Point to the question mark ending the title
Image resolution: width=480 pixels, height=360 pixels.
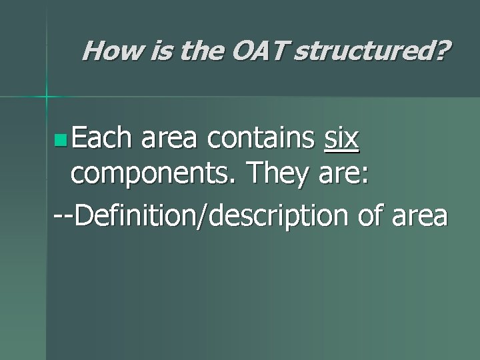pyautogui.click(x=442, y=51)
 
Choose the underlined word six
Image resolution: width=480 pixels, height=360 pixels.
pyautogui.click(x=341, y=139)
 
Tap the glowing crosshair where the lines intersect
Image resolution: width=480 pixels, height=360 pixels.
pyautogui.click(x=47, y=97)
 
